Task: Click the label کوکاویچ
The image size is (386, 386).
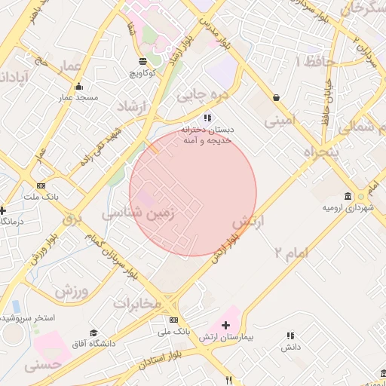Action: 142,73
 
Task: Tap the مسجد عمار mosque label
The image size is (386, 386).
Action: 77,97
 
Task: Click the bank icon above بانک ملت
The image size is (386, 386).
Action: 41,185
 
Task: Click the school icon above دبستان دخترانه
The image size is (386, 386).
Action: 208,118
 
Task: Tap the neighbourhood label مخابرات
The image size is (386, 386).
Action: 138,303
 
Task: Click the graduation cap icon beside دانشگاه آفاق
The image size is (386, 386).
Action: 93,332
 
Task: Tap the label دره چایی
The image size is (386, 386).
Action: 201,96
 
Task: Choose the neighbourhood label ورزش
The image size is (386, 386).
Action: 72,290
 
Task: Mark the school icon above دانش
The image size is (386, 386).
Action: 289,335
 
